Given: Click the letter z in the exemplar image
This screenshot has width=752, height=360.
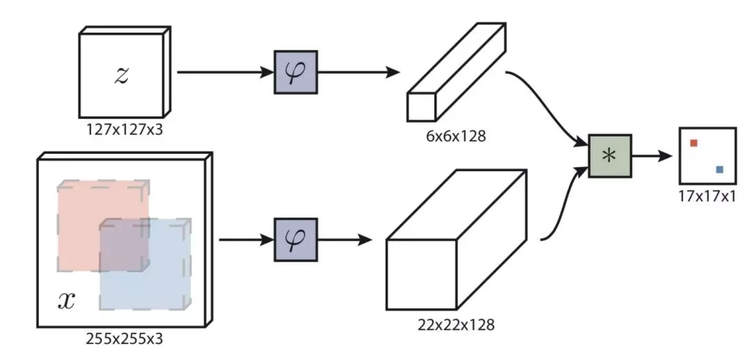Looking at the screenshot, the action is tap(121, 76).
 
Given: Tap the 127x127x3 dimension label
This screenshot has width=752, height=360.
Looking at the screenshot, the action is tap(125, 129).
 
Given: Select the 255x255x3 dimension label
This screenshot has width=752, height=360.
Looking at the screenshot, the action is tap(124, 338).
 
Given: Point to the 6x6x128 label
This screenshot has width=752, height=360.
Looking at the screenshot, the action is tap(455, 136).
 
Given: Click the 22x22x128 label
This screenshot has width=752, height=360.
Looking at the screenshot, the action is tap(455, 324).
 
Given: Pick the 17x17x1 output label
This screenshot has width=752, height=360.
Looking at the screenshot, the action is tap(707, 196).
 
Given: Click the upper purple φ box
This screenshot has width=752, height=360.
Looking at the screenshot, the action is tap(295, 72).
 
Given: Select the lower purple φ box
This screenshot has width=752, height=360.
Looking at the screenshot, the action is tap(295, 240).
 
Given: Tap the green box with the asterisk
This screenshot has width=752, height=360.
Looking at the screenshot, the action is tap(610, 156).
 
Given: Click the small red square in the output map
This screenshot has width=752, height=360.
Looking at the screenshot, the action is tap(694, 143).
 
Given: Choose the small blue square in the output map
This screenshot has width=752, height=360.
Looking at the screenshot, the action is tap(719, 169).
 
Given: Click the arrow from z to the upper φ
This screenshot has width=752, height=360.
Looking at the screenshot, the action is tap(226, 72).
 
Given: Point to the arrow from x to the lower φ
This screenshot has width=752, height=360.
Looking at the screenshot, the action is tap(246, 240).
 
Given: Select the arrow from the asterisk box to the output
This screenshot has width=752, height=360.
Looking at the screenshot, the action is tap(651, 156).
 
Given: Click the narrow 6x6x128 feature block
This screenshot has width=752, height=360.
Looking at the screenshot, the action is tap(455, 72).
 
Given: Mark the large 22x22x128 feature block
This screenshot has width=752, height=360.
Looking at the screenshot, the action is tap(455, 240).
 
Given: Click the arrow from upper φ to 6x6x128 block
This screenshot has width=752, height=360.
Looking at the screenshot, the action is tap(359, 72).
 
